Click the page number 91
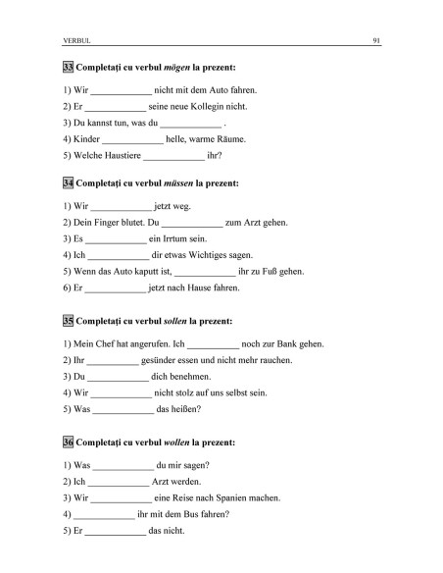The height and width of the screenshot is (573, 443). [376, 40]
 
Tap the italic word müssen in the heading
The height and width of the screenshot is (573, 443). [176, 183]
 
